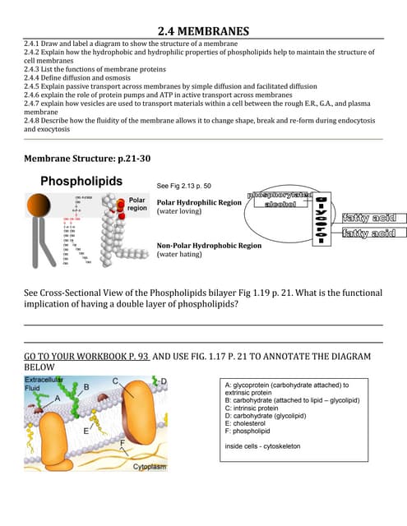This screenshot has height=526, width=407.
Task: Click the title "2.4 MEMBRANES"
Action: [x=203, y=32]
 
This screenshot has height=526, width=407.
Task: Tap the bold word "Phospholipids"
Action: [x=81, y=181]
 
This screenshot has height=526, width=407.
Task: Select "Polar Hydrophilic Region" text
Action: [x=199, y=201]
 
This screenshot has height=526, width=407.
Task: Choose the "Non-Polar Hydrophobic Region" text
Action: [x=209, y=245]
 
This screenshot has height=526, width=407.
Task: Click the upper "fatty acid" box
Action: [x=369, y=218]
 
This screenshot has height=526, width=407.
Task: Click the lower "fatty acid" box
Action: [x=369, y=234]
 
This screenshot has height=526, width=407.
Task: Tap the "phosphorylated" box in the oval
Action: [x=279, y=194]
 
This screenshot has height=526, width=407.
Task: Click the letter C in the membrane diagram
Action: [x=117, y=380]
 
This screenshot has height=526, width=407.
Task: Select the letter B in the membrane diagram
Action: [x=86, y=386]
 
